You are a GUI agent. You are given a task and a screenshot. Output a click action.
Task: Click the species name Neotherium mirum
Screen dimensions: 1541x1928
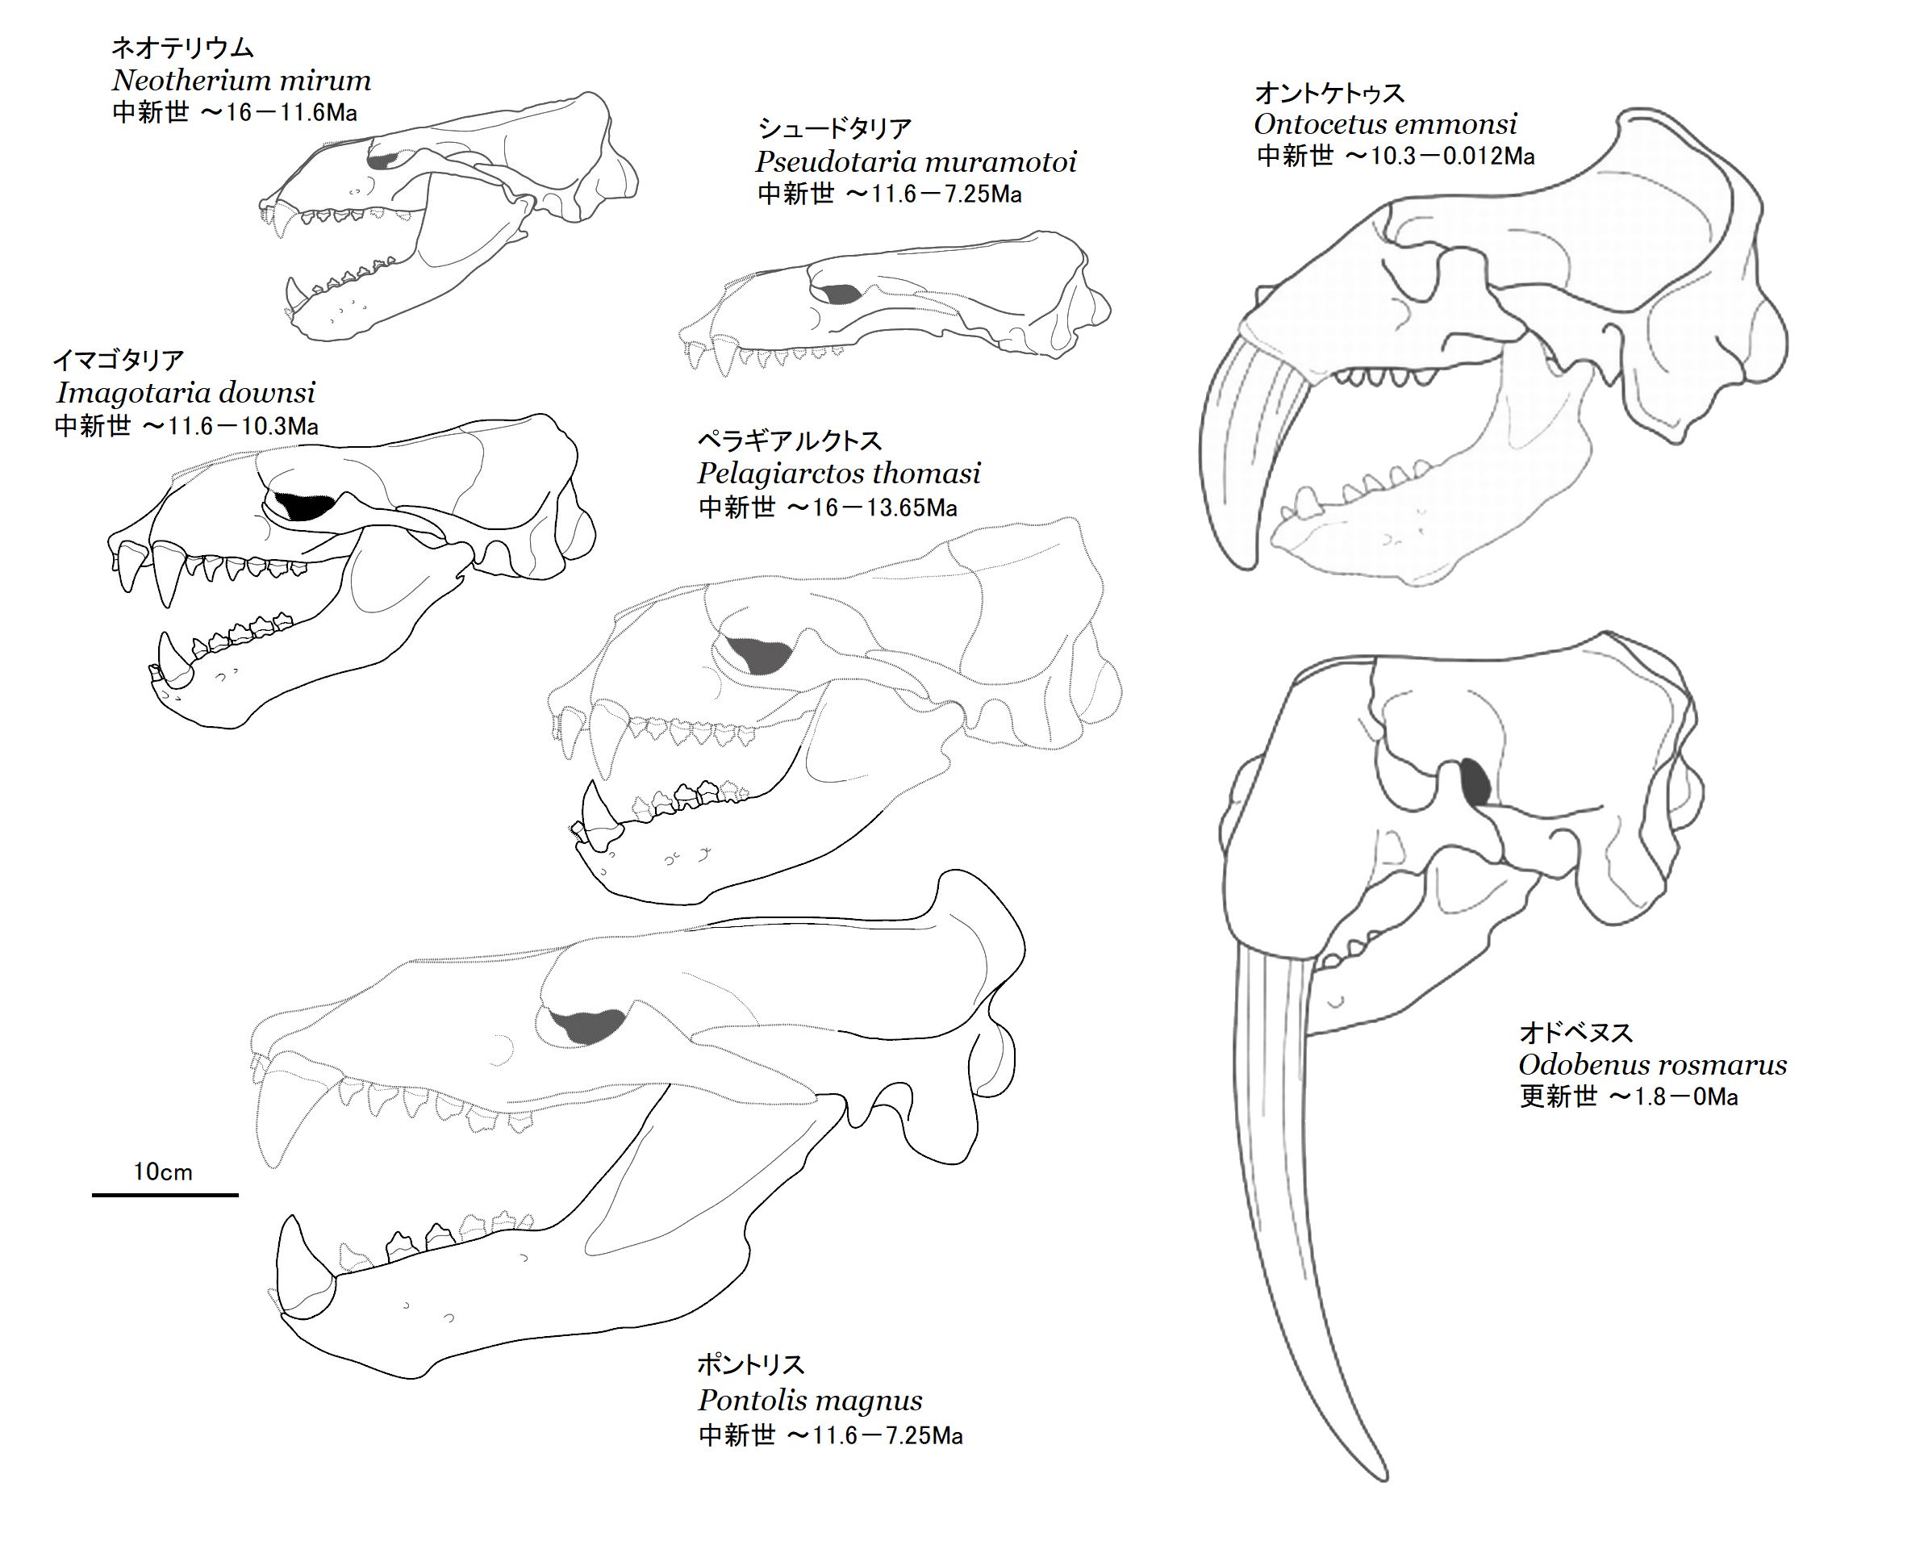240,81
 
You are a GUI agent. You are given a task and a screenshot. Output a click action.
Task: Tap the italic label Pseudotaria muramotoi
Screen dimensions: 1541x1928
915,162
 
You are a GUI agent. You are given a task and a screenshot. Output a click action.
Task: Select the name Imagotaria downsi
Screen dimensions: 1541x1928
185,393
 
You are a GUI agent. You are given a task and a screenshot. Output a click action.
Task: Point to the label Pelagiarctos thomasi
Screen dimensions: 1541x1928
838,473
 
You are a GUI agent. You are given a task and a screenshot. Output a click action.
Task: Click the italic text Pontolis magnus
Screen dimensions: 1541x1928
809,1400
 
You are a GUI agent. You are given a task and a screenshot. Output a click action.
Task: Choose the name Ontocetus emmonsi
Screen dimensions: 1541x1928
1384,123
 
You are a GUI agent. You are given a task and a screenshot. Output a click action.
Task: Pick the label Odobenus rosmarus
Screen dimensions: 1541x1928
1651,1064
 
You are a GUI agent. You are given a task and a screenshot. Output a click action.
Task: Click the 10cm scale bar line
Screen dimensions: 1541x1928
165,1194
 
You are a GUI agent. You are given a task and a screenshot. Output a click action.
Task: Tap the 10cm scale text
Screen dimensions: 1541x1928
163,1171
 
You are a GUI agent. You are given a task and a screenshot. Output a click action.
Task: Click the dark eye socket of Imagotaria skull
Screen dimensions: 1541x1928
304,506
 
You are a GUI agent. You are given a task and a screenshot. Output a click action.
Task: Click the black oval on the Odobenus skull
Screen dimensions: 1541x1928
1475,781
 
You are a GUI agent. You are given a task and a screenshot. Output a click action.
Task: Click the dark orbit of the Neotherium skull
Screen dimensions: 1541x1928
382,162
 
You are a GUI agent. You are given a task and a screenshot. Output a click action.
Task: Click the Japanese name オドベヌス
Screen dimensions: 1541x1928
1575,1033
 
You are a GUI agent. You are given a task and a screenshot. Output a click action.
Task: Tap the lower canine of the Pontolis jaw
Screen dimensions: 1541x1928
299,1261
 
